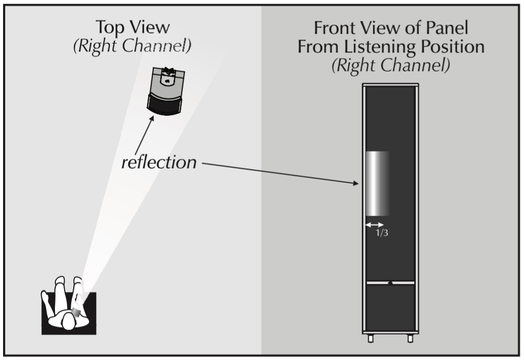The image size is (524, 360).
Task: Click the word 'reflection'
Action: click(159, 163)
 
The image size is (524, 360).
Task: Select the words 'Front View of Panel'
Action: click(391, 28)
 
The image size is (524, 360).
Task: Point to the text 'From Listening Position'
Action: click(391, 47)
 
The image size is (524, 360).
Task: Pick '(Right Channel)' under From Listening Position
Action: click(391, 66)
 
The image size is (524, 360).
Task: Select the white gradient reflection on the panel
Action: click(377, 184)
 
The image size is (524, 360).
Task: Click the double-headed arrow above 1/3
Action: click(374, 224)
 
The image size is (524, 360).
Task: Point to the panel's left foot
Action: click(370, 338)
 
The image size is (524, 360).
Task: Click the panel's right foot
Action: click(410, 338)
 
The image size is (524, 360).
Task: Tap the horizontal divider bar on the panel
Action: click(390, 283)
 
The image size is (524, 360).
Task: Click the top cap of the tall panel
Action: click(390, 84)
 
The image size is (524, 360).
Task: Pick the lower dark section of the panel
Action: click(390, 308)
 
